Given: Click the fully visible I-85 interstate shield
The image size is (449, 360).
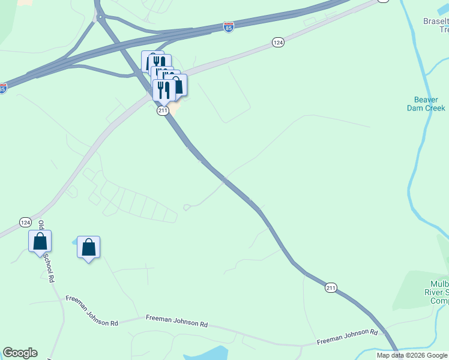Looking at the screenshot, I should (229, 27).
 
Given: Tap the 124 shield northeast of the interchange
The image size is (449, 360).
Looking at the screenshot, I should (277, 42).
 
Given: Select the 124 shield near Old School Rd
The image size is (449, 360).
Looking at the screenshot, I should (25, 222).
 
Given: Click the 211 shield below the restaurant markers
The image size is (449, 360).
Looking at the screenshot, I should (163, 111).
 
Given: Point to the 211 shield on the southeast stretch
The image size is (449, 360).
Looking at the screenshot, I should (331, 288).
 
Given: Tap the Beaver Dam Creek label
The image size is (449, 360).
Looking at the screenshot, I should (429, 104).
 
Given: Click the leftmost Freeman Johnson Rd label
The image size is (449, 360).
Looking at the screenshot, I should (92, 306).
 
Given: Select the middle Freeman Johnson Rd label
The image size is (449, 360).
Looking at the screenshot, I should (176, 320).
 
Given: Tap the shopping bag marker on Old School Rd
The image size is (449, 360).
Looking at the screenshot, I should (40, 242).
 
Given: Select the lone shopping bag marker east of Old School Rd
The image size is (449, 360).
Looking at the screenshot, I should (88, 247).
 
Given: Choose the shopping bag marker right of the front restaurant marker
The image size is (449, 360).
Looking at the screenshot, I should (178, 85).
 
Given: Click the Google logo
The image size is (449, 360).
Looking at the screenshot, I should (20, 353).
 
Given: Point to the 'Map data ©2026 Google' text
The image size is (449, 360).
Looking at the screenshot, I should (412, 355).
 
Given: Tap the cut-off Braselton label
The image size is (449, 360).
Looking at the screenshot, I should (436, 25).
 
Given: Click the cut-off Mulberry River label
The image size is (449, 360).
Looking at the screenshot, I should (439, 292).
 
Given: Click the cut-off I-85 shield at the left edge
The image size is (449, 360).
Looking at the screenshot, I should (2, 88).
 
